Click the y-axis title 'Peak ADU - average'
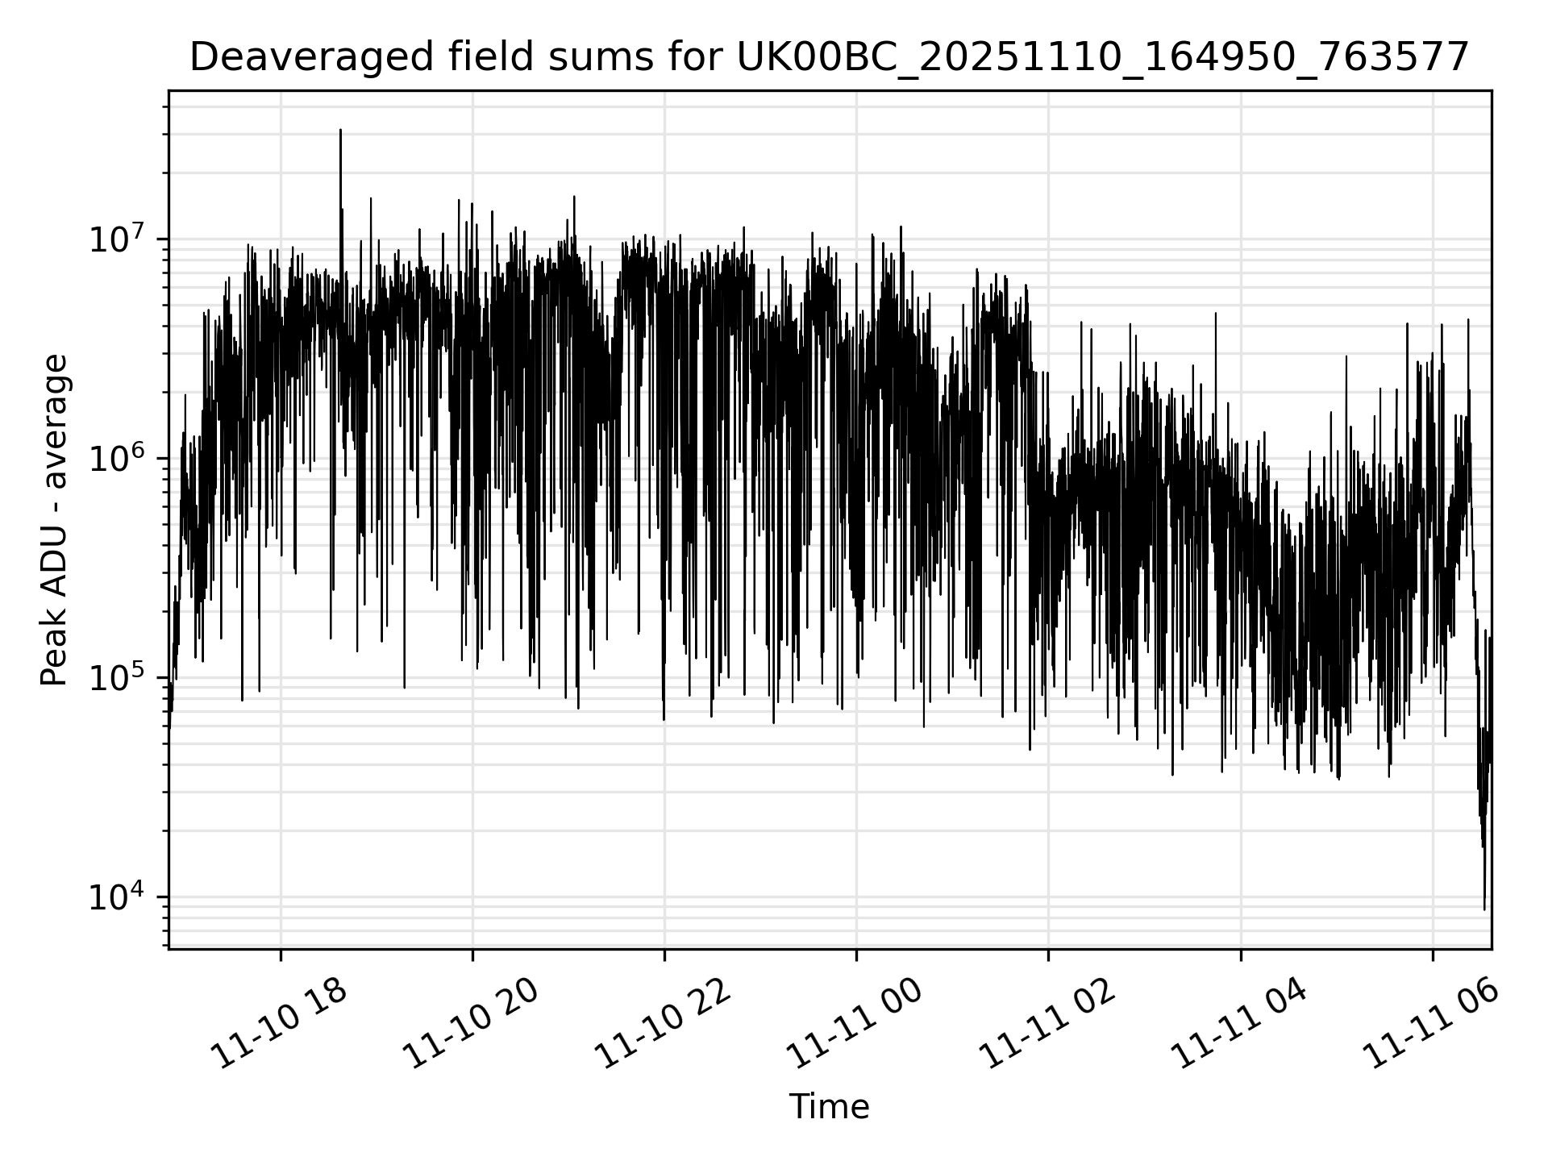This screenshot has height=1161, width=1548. (54, 520)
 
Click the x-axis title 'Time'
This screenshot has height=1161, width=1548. (829, 1107)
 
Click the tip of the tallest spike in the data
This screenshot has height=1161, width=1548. (340, 130)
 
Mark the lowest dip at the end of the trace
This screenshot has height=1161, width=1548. (1484, 909)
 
